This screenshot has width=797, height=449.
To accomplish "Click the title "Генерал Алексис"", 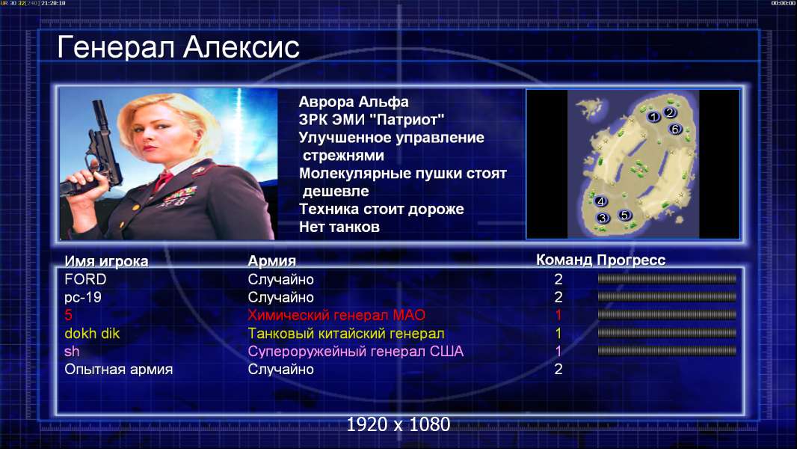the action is pyautogui.click(x=179, y=47).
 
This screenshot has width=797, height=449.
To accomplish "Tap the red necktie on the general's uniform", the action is pyautogui.click(x=163, y=180).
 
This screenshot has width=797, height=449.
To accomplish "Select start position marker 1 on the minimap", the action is pyautogui.click(x=653, y=117).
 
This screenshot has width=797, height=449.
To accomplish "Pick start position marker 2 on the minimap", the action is pyautogui.click(x=670, y=112).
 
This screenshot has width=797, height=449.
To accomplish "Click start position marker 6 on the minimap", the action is pyautogui.click(x=675, y=129).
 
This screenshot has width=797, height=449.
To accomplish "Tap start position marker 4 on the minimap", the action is pyautogui.click(x=601, y=201).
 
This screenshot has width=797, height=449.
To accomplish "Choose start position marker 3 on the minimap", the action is pyautogui.click(x=603, y=219).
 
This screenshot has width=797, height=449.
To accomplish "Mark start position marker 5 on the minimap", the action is pyautogui.click(x=625, y=215).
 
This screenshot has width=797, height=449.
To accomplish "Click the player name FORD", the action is pyautogui.click(x=85, y=279).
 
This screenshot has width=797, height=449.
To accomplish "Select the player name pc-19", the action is pyautogui.click(x=83, y=298).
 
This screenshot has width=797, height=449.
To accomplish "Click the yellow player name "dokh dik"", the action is pyautogui.click(x=92, y=334).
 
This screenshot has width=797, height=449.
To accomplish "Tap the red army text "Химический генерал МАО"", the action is pyautogui.click(x=336, y=315).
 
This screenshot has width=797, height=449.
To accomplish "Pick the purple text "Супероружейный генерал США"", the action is pyautogui.click(x=356, y=352).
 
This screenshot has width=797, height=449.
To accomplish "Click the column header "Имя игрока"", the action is pyautogui.click(x=106, y=261).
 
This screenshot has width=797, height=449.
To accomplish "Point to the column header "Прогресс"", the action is pyautogui.click(x=631, y=260).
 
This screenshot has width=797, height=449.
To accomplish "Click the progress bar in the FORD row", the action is pyautogui.click(x=667, y=278).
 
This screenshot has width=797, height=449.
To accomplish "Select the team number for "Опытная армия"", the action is pyautogui.click(x=558, y=369).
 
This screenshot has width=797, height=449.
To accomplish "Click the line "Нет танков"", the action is pyautogui.click(x=339, y=227).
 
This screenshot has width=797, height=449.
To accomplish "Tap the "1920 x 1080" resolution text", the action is pyautogui.click(x=398, y=424).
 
